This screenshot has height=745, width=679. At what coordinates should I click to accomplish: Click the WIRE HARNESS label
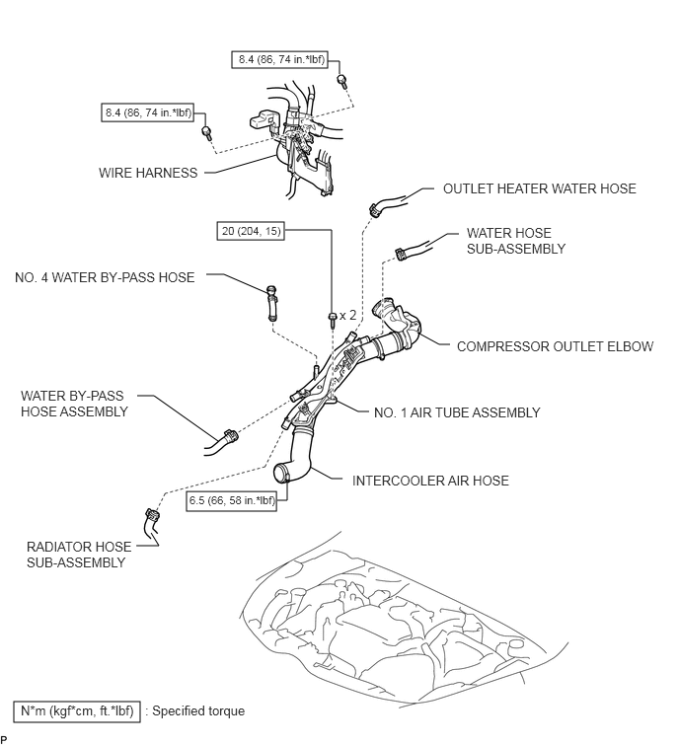tap(148, 173)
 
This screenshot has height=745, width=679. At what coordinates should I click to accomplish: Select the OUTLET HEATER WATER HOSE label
tap(539, 188)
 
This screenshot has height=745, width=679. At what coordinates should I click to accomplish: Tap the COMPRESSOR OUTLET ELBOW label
tap(555, 346)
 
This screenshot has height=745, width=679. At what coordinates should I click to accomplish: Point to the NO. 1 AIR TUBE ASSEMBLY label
tap(457, 412)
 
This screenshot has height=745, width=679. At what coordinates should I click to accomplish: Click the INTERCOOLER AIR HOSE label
tap(430, 481)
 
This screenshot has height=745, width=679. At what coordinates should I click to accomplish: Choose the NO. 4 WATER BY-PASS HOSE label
tap(105, 277)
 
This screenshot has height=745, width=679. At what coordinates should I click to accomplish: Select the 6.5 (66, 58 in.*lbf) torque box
tap(232, 500)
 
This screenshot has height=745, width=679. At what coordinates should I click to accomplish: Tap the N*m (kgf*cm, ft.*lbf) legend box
tap(77, 711)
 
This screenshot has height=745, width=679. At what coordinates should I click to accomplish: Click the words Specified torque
tap(198, 711)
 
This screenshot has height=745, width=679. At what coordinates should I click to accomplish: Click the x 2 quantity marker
tap(347, 315)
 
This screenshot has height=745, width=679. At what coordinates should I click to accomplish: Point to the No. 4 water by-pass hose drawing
tap(271, 303)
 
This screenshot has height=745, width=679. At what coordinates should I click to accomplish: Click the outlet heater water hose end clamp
tap(375, 209)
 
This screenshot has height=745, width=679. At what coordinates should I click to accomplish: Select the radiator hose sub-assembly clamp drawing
tap(153, 515)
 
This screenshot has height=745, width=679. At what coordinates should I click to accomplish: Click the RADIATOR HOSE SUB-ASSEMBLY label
tap(78, 555)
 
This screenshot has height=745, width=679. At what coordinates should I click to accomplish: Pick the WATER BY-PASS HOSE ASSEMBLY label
tap(74, 404)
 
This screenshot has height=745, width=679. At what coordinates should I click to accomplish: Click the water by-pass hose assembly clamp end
tap(231, 436)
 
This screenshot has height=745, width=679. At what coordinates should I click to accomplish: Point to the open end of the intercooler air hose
tap(282, 474)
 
